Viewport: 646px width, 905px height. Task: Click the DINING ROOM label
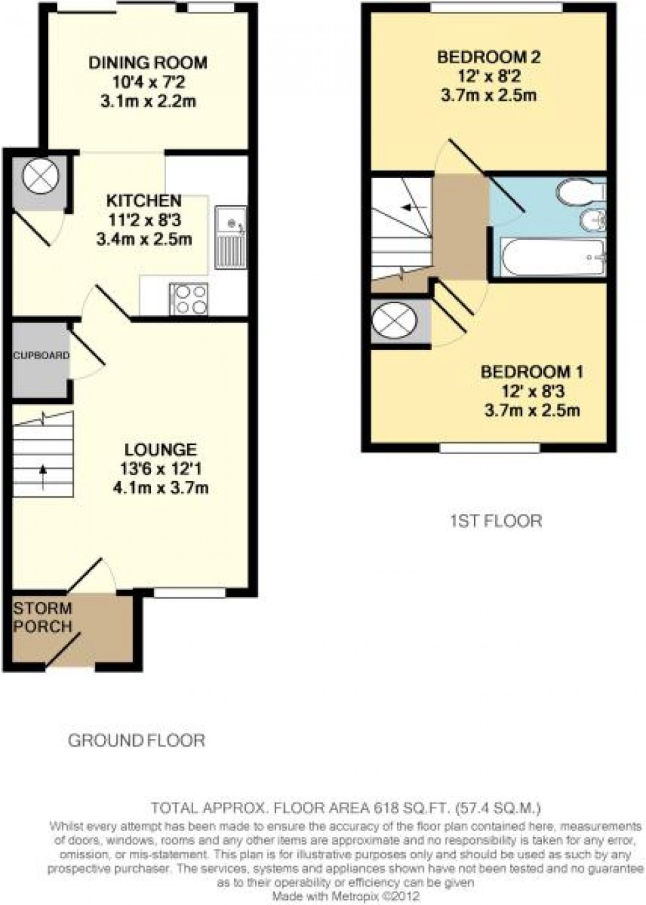coord(148,63)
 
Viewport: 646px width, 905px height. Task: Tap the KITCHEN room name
coord(144,200)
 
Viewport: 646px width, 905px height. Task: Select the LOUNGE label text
coord(161,450)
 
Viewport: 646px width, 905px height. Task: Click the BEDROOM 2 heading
coord(488,57)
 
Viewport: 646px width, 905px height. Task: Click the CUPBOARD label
coord(41,355)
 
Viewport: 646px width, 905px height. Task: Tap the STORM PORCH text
coord(42,617)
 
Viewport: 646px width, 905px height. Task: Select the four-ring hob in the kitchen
coord(189,299)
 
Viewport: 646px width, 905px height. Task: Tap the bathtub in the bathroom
coord(548,258)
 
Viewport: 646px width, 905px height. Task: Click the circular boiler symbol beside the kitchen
coord(41,177)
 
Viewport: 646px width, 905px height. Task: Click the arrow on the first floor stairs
coord(413,208)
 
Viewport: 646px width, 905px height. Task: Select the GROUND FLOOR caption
coord(136,740)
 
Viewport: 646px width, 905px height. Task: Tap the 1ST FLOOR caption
coord(496,521)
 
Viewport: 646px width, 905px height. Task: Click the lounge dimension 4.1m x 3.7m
coord(161,488)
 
